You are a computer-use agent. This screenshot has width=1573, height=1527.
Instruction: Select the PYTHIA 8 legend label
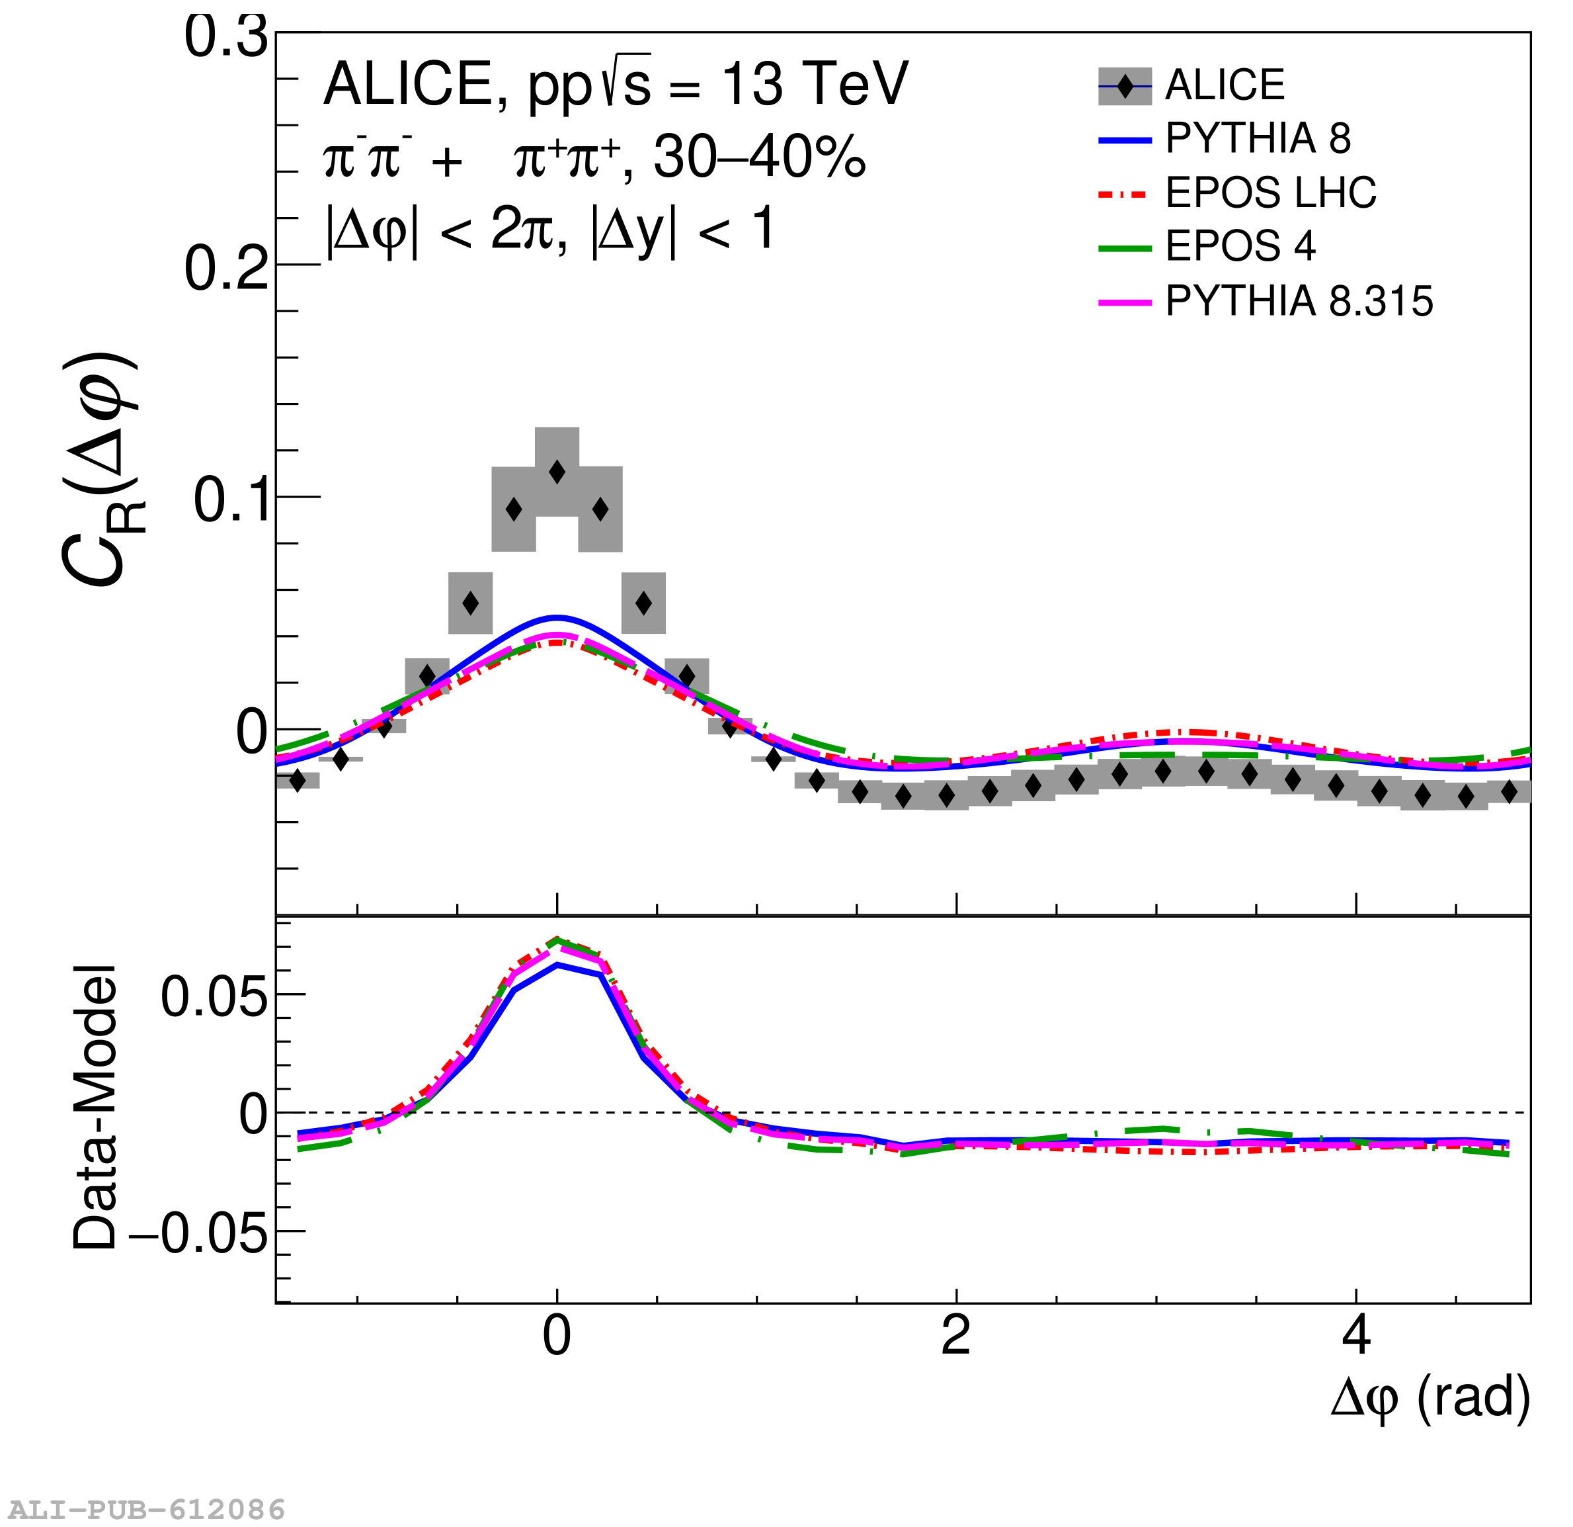1258,139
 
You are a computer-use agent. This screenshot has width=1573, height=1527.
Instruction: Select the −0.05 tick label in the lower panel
198,1233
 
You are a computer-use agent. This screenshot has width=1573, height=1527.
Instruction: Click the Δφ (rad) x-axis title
1430,1399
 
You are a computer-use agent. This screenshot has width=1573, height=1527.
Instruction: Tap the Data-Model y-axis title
95,1108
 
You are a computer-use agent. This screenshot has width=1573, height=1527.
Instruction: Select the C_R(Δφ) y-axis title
101,470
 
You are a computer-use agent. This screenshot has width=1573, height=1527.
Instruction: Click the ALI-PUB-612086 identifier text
147,1509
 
